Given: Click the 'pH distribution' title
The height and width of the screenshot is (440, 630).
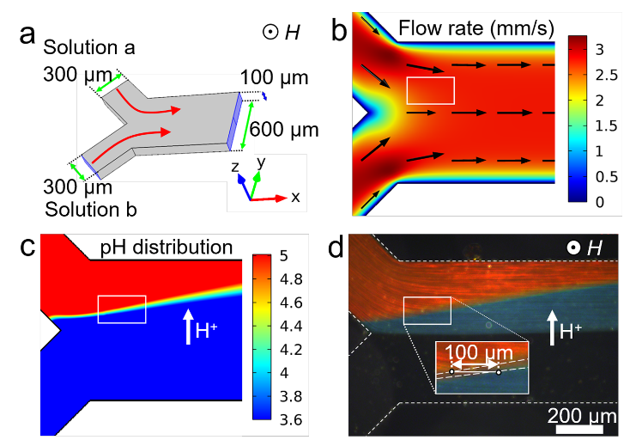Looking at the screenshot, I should click(x=167, y=247).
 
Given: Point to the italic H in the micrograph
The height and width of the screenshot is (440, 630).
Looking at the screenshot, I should click(x=594, y=249).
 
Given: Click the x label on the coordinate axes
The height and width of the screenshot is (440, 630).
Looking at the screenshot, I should click(x=295, y=197).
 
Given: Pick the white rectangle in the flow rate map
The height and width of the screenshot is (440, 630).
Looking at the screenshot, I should click(x=430, y=90).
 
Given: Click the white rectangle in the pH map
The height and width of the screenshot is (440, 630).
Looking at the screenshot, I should click(x=122, y=309).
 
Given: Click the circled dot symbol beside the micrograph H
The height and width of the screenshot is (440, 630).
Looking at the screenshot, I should click(x=572, y=249).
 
